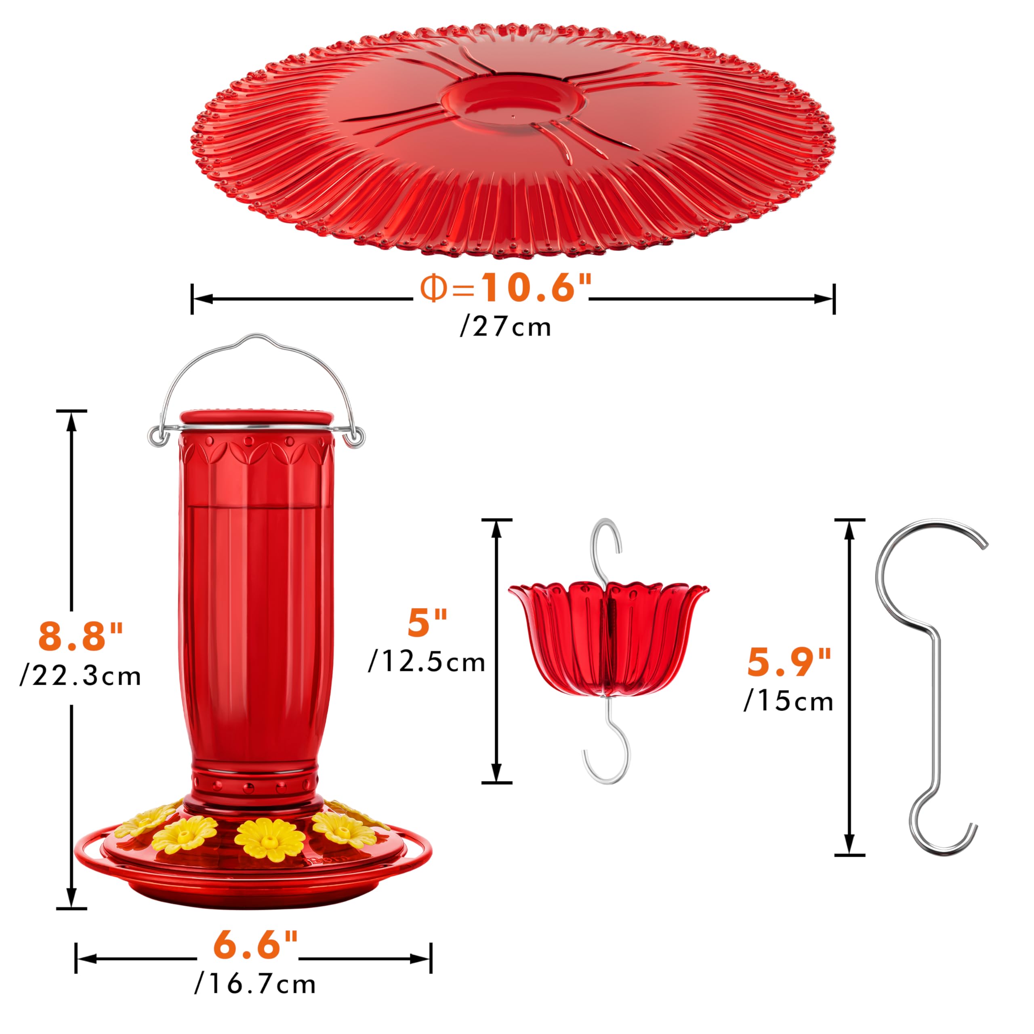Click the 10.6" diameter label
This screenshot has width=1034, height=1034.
pos(506,288)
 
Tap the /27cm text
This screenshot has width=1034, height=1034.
pos(505,327)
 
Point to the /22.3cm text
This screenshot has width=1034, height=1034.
pos(81,677)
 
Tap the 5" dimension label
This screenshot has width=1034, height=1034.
pos(427,622)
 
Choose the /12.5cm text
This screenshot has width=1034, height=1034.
pos(427,662)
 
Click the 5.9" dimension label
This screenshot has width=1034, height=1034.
pos(789,662)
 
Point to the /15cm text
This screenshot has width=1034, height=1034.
pos(789,702)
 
